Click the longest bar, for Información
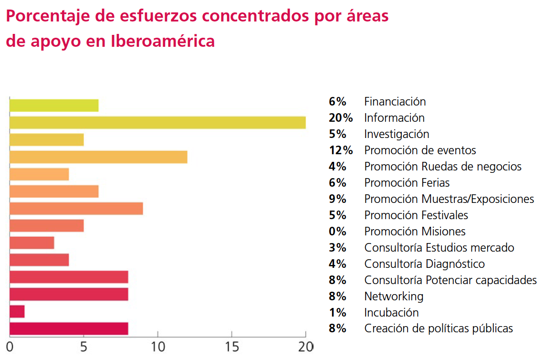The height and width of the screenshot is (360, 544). pyautogui.click(x=157, y=122)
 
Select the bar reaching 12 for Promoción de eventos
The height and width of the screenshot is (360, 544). pyautogui.click(x=98, y=157)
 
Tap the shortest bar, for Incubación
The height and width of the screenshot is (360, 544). pyautogui.click(x=17, y=312)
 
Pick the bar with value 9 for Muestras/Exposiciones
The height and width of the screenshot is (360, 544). pyautogui.click(x=76, y=209)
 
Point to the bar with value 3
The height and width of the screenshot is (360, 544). pyautogui.click(x=31, y=243)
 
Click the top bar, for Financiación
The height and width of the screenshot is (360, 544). pyautogui.click(x=54, y=105)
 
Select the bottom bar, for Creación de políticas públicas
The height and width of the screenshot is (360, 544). pyautogui.click(x=69, y=328)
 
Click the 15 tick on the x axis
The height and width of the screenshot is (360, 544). pyautogui.click(x=231, y=346)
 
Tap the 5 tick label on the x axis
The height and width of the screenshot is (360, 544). pyautogui.click(x=84, y=346)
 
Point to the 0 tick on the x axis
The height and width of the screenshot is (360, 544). pyautogui.click(x=10, y=346)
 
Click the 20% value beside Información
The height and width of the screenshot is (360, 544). pyautogui.click(x=341, y=117)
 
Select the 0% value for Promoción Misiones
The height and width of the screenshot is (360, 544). pyautogui.click(x=337, y=231)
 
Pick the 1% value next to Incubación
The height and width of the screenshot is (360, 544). pyautogui.click(x=337, y=312)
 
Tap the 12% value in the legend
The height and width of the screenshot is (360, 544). pyautogui.click(x=341, y=150)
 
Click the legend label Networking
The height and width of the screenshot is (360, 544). pyautogui.click(x=394, y=296)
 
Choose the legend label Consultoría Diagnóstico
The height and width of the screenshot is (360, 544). pyautogui.click(x=424, y=264)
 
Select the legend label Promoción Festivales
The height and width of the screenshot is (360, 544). pyautogui.click(x=416, y=215)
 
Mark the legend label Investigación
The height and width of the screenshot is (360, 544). pyautogui.click(x=397, y=134)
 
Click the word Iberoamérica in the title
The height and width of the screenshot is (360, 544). pyautogui.click(x=163, y=41)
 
